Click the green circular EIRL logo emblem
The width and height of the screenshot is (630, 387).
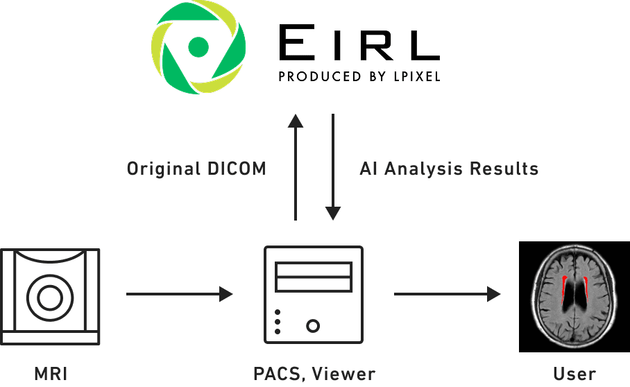198,46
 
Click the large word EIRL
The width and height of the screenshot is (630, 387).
358,44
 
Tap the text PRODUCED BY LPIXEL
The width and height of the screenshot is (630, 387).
358,76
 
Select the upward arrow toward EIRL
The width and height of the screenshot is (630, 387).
296,166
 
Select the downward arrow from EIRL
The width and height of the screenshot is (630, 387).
334,166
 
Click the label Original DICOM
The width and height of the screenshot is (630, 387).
196,169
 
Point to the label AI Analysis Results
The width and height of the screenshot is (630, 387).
449,169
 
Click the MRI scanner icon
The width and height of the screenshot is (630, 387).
51,295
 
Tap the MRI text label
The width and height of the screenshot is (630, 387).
51,375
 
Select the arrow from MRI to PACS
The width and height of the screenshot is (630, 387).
179,294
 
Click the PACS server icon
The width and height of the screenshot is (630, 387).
314,294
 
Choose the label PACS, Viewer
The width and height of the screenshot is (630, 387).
314,375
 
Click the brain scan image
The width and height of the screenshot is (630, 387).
574,296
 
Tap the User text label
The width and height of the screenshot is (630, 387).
574,375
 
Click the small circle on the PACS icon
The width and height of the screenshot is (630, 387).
314,324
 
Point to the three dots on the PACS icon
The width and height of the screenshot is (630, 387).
278,322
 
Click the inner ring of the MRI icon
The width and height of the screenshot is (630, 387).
50,298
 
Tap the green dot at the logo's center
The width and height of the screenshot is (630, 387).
198,46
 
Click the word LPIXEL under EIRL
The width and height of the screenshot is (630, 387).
414,76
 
